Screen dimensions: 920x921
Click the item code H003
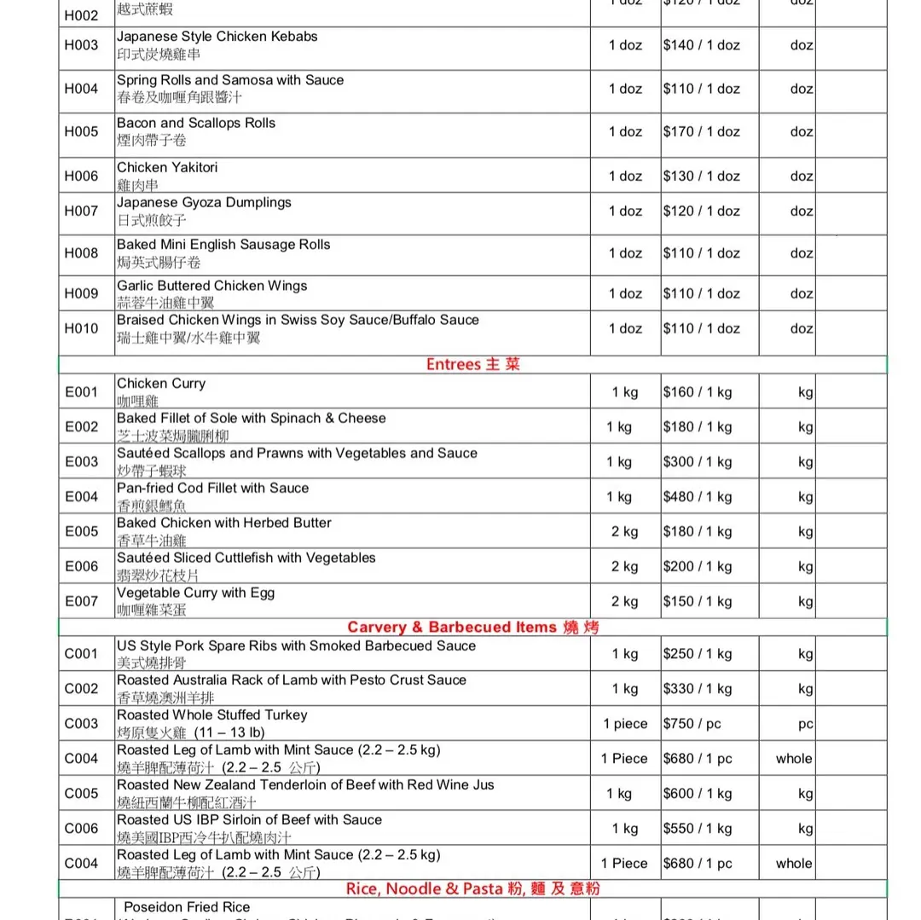click(82, 45)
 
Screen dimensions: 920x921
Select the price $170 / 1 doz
click(701, 131)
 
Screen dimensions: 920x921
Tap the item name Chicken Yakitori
click(167, 167)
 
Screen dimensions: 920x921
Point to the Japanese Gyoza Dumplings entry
click(204, 203)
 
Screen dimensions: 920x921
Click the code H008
click(82, 253)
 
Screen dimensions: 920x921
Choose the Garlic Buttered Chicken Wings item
click(211, 286)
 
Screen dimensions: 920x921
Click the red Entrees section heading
click(472, 364)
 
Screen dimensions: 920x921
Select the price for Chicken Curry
click(698, 392)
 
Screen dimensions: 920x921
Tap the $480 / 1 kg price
click(698, 496)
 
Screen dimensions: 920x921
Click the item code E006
click(82, 566)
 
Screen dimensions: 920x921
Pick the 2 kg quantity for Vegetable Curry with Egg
click(624, 601)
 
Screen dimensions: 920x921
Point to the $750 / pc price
click(692, 724)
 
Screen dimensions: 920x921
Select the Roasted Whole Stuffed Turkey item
click(211, 715)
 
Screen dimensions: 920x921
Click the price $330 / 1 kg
click(698, 689)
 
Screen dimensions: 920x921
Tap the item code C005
click(82, 794)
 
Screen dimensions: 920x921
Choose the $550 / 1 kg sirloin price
click(698, 828)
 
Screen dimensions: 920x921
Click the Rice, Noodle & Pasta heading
click(472, 888)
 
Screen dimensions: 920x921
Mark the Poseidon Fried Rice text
click(187, 907)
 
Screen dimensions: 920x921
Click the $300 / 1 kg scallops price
click(698, 462)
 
